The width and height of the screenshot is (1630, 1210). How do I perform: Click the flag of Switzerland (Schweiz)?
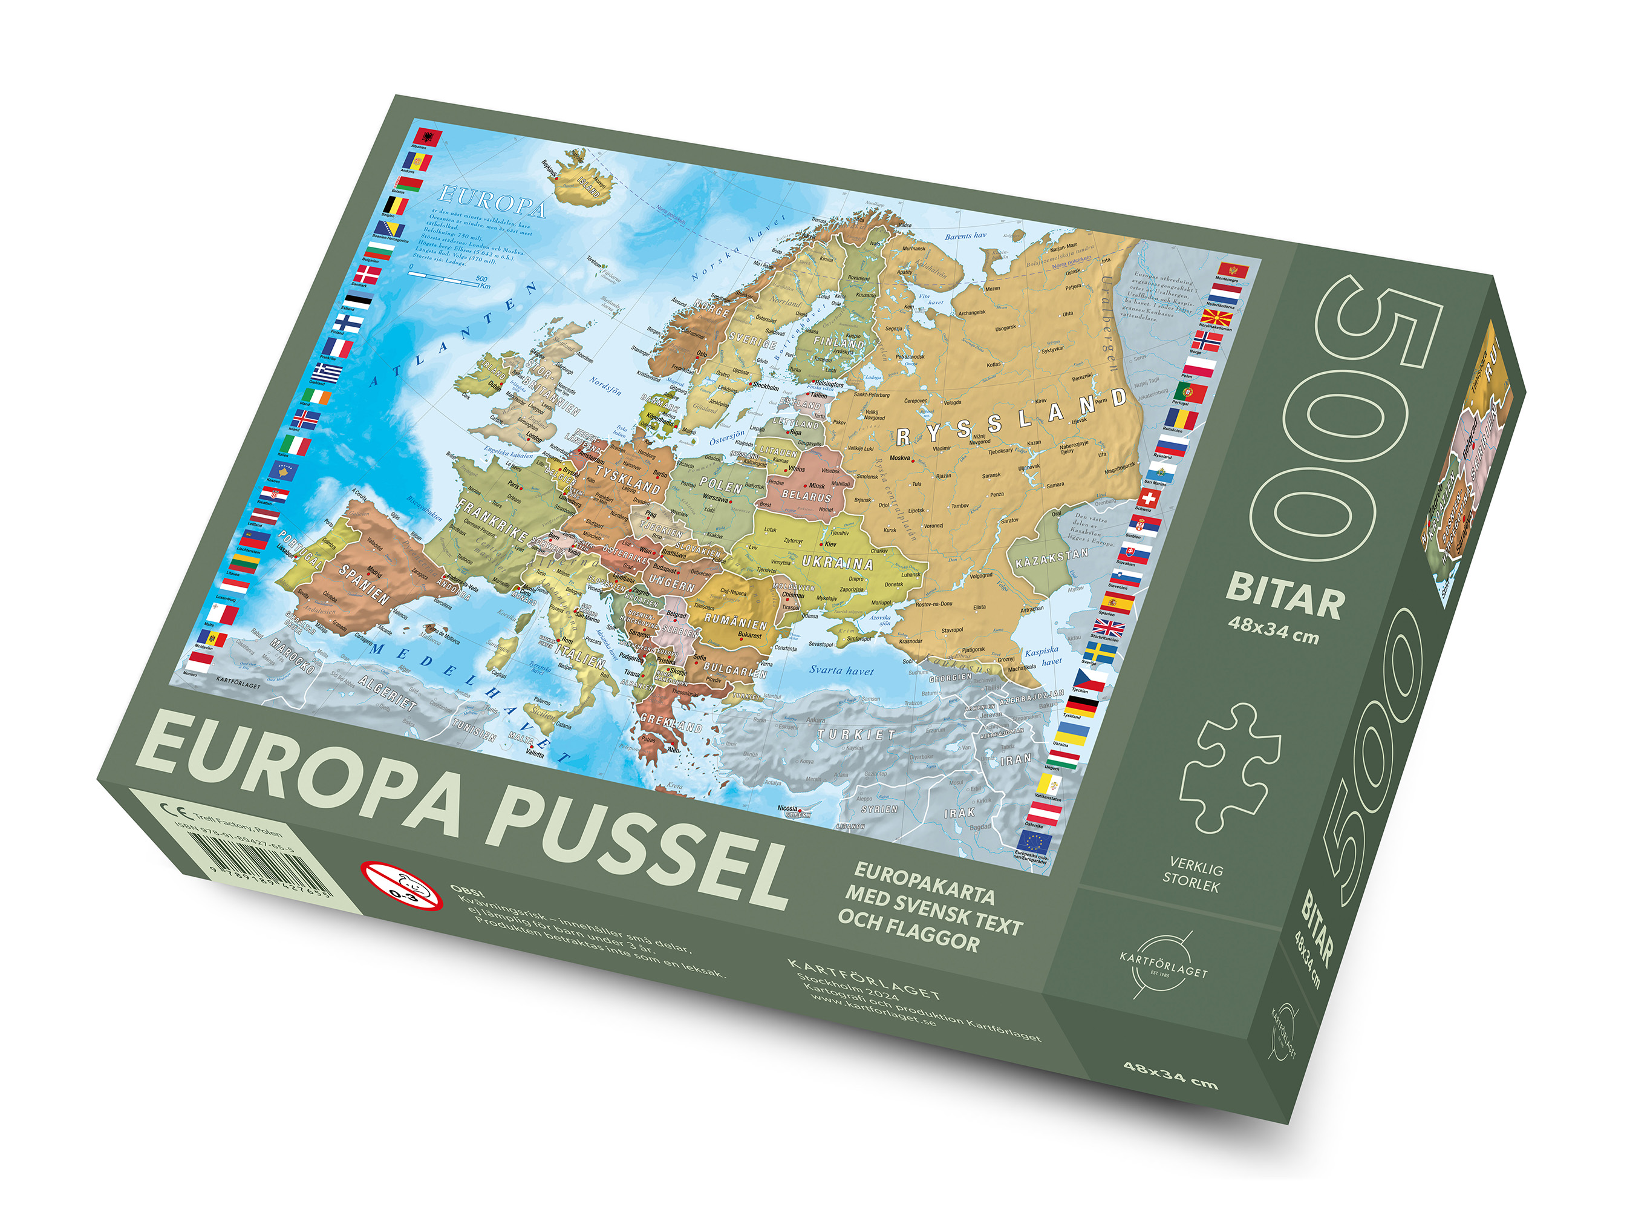[1148, 499]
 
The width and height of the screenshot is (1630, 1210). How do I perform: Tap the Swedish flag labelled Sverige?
[1100, 651]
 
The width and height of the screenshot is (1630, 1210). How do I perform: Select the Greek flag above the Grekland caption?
[327, 371]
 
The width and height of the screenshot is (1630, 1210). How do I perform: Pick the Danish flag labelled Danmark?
[368, 275]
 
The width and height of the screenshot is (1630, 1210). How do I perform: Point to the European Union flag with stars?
[1034, 842]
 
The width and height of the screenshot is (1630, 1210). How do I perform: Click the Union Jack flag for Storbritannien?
[1109, 628]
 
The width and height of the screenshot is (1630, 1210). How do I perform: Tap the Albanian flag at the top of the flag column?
[427, 137]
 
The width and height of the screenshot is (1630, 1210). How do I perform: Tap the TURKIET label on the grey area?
[856, 734]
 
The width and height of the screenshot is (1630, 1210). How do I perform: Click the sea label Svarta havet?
[841, 670]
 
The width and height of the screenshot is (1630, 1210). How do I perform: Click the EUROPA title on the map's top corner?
[492, 201]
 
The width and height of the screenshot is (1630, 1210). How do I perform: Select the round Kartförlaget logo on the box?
[1163, 966]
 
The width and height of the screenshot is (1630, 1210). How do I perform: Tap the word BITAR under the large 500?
[1286, 595]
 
